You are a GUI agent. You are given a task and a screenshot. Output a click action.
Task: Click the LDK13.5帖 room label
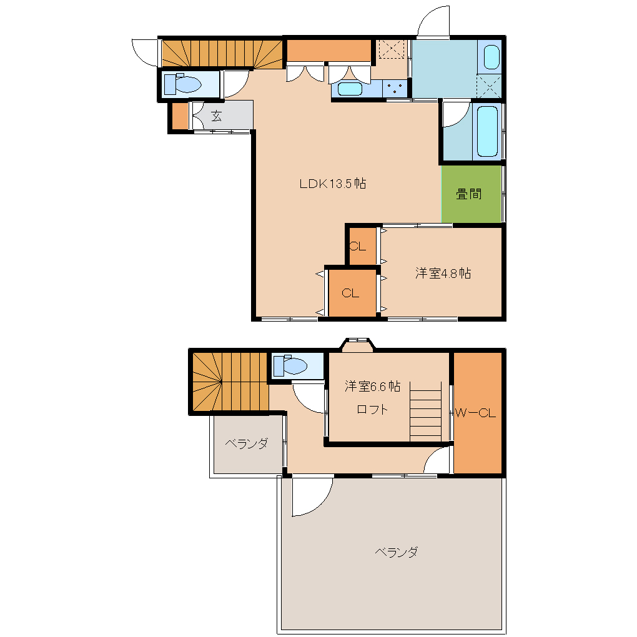333,184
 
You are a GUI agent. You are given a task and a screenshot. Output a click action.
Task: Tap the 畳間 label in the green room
469,194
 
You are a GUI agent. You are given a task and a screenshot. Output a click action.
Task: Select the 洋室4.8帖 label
443,273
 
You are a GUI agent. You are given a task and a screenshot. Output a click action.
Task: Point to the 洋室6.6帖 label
373,386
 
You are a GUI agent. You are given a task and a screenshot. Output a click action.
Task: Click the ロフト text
372,409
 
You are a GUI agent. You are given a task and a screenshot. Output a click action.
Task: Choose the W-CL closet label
475,413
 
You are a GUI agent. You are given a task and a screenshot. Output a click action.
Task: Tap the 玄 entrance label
217,116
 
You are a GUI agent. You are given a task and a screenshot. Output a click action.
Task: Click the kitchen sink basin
350,89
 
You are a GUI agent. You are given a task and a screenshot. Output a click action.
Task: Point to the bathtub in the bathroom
487,131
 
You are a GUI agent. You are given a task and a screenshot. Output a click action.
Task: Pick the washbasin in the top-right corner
491,57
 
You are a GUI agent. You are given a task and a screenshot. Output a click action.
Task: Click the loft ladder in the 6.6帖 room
425,411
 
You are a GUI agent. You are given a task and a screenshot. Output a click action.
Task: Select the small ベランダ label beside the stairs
247,443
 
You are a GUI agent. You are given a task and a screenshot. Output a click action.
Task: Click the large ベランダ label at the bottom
396,552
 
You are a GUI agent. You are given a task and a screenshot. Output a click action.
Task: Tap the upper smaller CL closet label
357,246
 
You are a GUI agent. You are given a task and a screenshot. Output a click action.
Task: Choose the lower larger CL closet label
350,293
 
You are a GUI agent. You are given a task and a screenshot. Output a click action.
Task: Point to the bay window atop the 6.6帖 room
357,343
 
